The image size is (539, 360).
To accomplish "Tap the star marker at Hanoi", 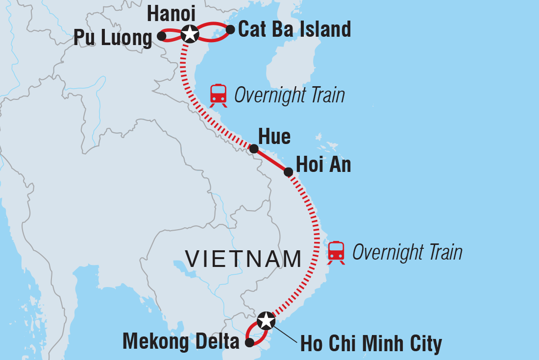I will (189, 34).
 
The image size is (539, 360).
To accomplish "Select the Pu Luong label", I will (113, 38).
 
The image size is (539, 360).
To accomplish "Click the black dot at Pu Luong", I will (161, 36).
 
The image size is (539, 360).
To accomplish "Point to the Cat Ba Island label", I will (294, 30).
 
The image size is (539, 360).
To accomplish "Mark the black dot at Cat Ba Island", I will (230, 30).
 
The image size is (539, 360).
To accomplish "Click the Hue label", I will (274, 137).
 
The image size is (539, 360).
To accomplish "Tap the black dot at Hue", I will (254, 149).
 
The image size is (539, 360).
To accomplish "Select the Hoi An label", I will (323, 165).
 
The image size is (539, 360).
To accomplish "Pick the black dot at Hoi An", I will (289, 172).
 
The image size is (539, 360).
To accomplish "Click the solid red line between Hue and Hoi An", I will (271, 160).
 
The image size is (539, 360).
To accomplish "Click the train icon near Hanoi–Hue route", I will (219, 95).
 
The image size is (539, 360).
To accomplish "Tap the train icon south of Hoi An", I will (336, 252).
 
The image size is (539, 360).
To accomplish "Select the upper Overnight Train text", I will (290, 96).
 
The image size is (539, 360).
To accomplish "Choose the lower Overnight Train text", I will (407, 253).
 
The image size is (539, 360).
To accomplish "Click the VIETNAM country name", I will (243, 259).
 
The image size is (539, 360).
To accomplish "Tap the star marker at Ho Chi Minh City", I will (265, 320).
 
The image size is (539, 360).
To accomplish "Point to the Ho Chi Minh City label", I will (371, 344).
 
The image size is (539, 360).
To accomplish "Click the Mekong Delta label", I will (181, 341).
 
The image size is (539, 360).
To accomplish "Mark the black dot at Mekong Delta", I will (249, 343).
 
